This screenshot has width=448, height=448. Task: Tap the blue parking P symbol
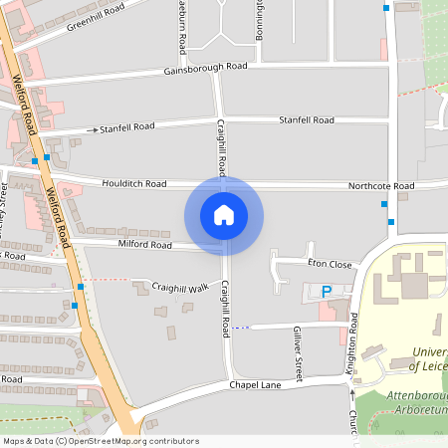(x=326, y=292)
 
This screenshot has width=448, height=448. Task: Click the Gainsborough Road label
(x=206, y=68)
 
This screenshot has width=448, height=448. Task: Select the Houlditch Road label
(x=133, y=184)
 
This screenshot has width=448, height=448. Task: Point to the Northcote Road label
(x=380, y=186)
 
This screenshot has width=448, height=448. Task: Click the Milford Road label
(x=145, y=244)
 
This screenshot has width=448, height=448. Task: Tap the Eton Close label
(x=331, y=265)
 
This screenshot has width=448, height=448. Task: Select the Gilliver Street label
(x=297, y=344)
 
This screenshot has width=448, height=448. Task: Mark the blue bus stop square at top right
(x=386, y=7)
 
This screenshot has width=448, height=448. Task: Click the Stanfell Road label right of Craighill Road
(x=307, y=120)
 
